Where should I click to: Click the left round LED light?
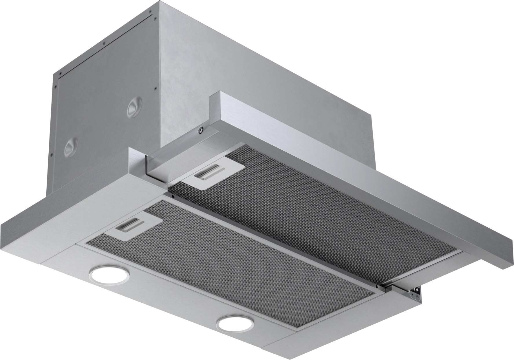(x=109, y=273)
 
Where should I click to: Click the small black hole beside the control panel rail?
(x=377, y=287)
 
